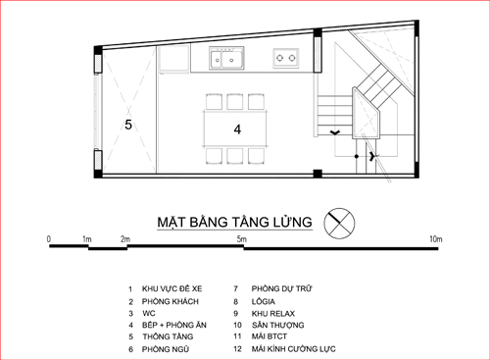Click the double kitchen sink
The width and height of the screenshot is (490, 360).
pos(226,58)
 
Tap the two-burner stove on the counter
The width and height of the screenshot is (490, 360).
pos(286,58)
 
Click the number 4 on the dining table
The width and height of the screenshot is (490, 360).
pos(237,129)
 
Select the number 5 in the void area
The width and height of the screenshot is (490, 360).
pos(128,125)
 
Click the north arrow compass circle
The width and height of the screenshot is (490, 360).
pos(339,224)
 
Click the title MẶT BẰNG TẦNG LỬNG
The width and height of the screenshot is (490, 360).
pos(234,222)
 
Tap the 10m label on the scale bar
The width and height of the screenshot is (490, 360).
pos(436,239)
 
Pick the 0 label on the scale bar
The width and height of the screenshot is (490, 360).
pos(49,239)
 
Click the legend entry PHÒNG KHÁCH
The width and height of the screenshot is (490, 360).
pos(171,301)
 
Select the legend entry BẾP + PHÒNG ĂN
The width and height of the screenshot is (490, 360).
pos(174,325)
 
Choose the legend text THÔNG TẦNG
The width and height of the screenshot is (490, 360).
pos(168,336)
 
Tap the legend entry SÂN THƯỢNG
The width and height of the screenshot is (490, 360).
pos(277,325)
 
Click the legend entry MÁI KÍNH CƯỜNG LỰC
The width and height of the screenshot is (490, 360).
pos(293,349)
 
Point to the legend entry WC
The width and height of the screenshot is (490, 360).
pos(149,313)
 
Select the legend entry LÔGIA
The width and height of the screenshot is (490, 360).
pos(264,301)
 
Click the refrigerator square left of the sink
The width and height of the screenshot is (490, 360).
pos(174,58)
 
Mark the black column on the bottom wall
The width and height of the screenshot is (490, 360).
pos(318,174)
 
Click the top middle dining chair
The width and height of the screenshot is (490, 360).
pos(235,102)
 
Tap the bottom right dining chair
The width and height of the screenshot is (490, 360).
pos(256,156)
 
